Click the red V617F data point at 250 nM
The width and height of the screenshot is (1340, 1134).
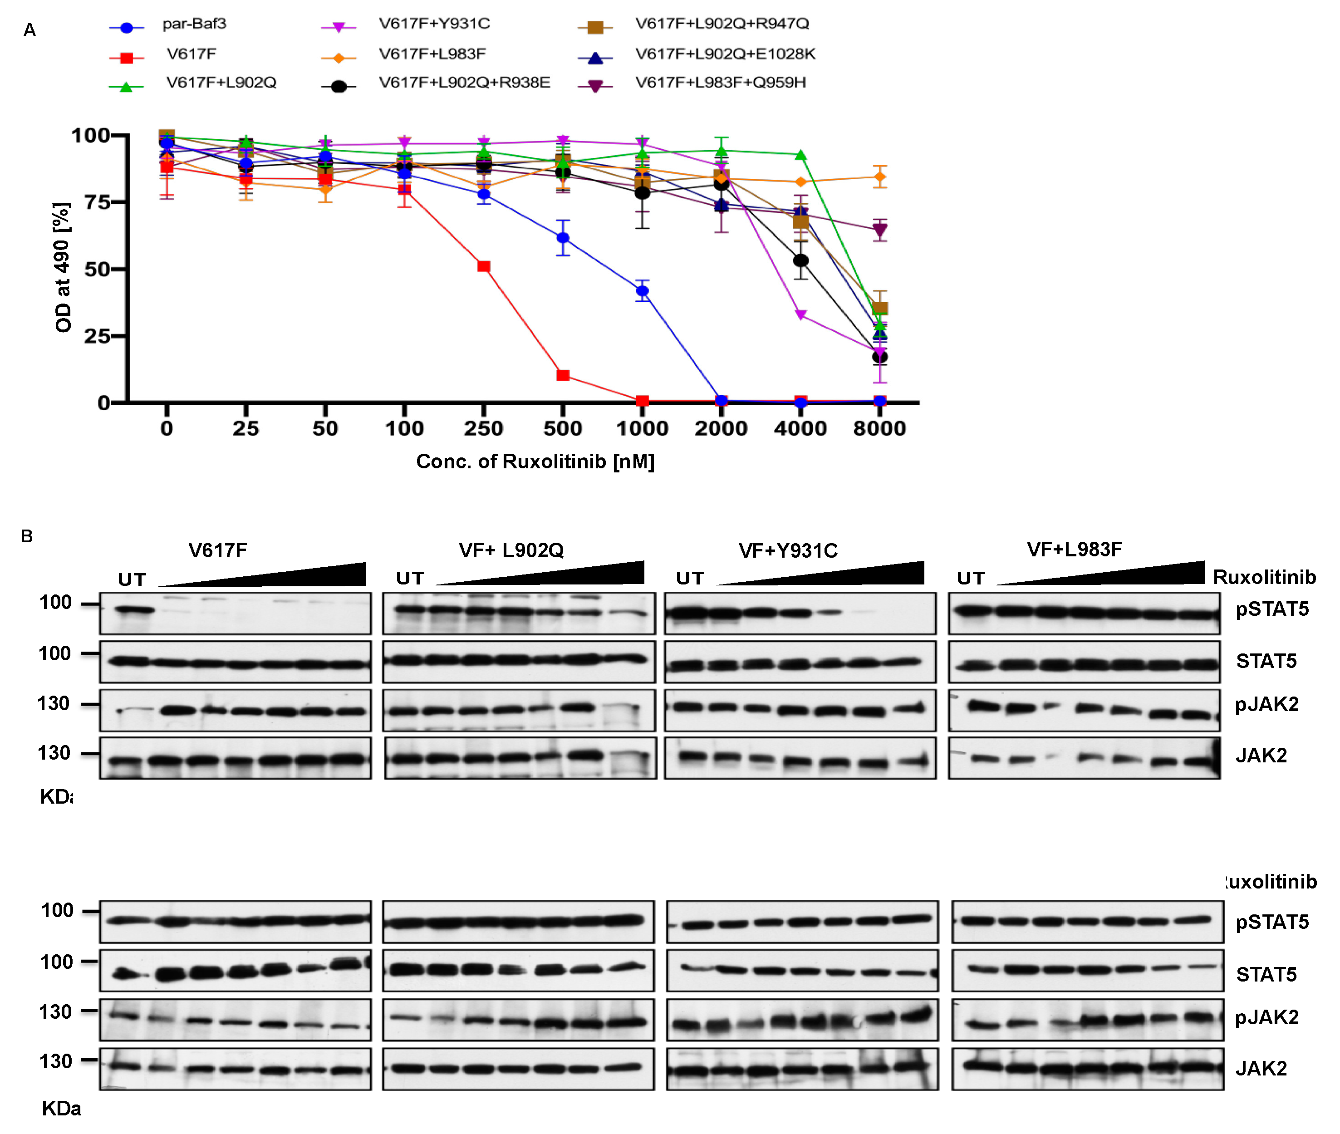[483, 266]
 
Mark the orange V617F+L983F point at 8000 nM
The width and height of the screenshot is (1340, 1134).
[879, 177]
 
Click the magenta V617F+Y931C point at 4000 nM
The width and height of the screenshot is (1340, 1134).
[800, 315]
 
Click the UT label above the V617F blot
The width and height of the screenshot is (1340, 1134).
[132, 580]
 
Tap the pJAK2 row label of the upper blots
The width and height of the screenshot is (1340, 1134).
[1266, 705]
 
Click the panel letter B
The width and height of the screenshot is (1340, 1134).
[26, 536]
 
